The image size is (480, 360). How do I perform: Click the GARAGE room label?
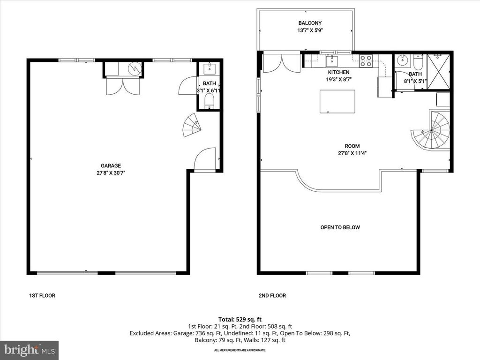point(111,165)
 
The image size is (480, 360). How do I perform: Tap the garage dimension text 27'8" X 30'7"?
point(111,172)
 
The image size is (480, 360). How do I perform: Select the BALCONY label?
point(310,23)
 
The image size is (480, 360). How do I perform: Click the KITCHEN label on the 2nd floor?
point(338,72)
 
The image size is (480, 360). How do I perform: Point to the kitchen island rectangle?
point(337,102)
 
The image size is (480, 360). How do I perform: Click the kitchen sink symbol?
point(332,60)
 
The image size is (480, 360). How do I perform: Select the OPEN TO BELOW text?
point(340,227)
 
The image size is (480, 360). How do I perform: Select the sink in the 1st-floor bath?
point(210,70)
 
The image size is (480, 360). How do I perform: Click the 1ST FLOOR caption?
point(40,296)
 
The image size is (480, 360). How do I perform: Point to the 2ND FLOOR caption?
point(272,296)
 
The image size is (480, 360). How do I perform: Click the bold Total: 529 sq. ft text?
point(240,319)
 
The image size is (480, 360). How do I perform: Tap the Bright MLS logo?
point(29,350)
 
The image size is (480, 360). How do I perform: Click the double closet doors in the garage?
point(123,86)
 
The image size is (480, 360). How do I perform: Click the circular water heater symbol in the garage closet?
point(135,69)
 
